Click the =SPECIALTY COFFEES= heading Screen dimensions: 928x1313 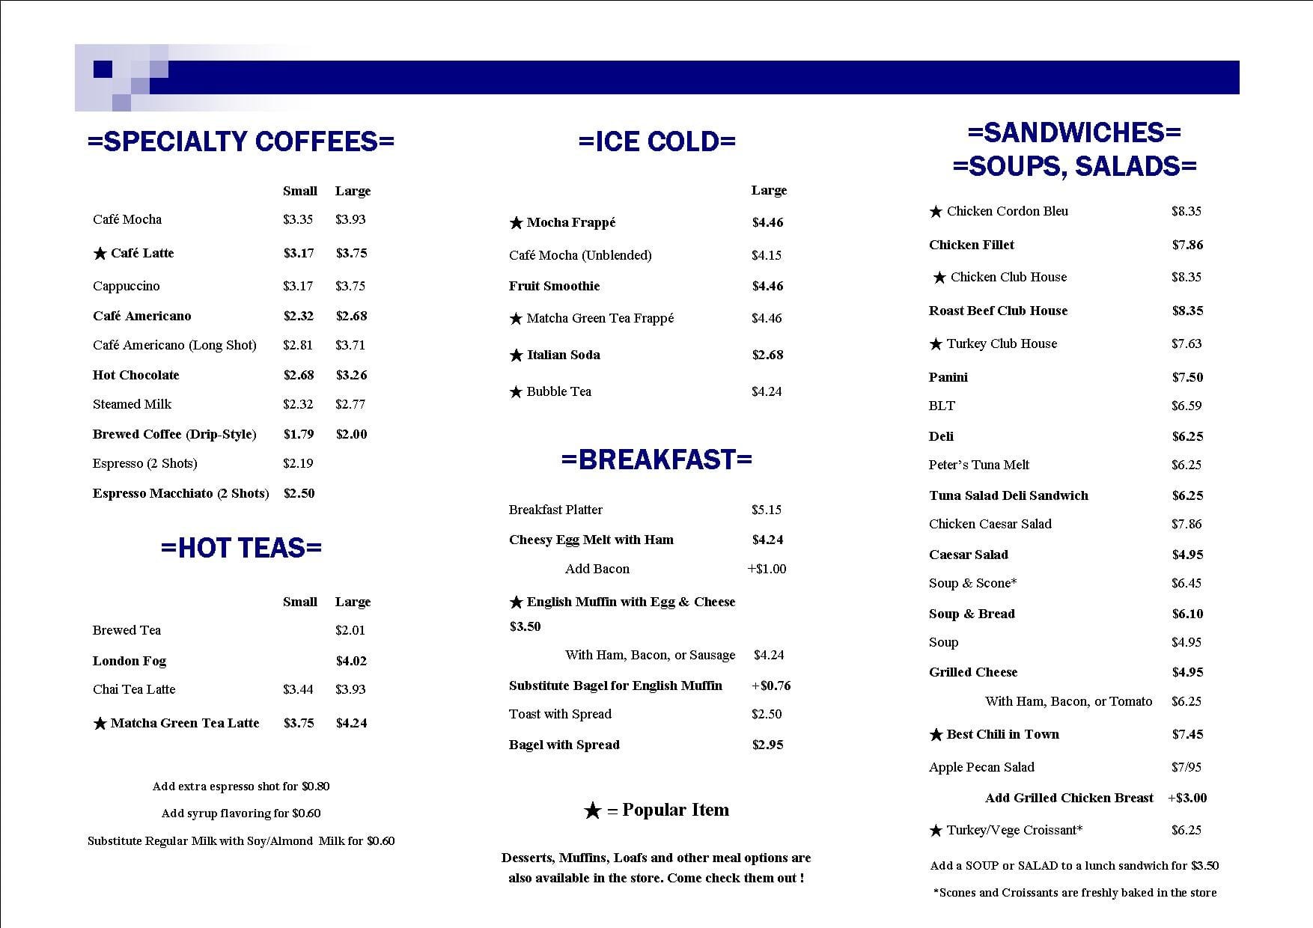(x=240, y=141)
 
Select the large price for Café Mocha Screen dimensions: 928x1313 (x=350, y=219)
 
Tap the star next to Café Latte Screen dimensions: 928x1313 (x=100, y=254)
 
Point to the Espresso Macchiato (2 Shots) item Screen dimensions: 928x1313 (x=180, y=493)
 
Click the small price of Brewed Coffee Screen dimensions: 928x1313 (x=298, y=434)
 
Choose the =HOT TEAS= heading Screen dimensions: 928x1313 (x=240, y=548)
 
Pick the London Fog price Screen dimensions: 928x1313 (x=351, y=661)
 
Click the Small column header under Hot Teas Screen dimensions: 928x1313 (x=299, y=602)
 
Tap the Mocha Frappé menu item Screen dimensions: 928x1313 (x=570, y=222)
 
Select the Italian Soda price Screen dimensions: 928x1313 (x=767, y=355)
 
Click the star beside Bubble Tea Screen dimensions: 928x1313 (x=516, y=392)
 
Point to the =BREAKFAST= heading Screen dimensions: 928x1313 (x=656, y=460)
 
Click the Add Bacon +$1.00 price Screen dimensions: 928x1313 (x=767, y=569)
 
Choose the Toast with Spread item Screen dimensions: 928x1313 (x=560, y=714)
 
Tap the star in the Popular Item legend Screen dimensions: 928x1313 (x=592, y=811)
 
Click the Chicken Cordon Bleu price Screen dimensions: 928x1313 (x=1186, y=211)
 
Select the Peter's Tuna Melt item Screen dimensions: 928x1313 (x=978, y=465)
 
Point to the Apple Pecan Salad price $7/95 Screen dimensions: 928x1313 (x=1186, y=767)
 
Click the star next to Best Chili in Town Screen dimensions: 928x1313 (x=936, y=735)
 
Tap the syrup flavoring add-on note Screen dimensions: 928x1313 (x=241, y=813)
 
